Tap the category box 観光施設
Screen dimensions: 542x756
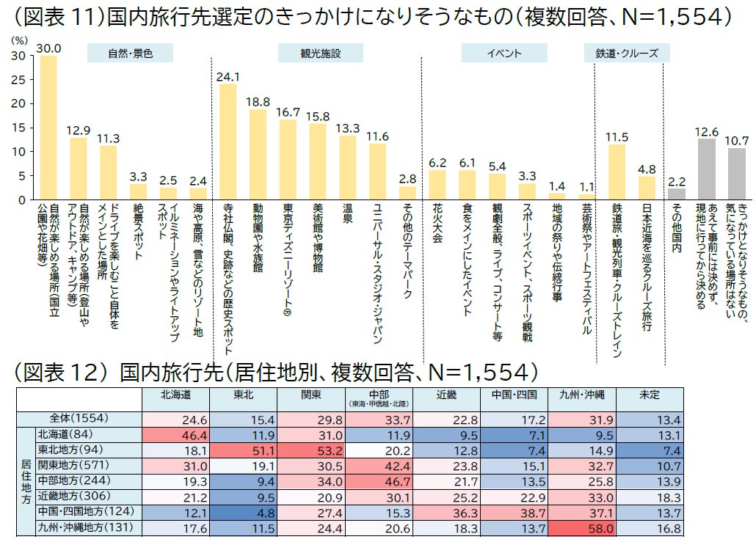point(321,54)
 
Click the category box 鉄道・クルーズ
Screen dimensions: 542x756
point(626,54)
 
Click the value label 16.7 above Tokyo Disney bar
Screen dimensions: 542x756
point(288,112)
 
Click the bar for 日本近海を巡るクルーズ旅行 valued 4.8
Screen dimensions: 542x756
point(647,188)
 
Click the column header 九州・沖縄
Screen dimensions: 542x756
point(581,395)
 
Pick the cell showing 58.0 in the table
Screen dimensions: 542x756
point(581,528)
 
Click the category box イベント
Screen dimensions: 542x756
point(504,54)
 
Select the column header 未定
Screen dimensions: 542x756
point(650,395)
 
